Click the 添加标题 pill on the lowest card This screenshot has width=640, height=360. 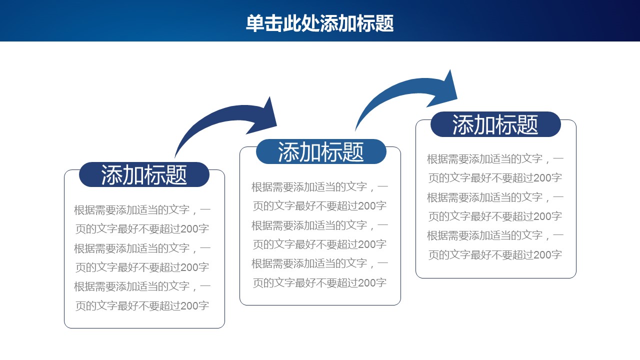click(x=144, y=174)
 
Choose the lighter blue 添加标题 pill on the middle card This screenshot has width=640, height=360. click(x=321, y=151)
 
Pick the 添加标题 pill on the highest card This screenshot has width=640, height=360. click(x=495, y=124)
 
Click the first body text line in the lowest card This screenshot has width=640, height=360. click(x=142, y=210)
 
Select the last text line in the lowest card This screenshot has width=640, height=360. click(x=142, y=305)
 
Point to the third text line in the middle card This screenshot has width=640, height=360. click(x=320, y=225)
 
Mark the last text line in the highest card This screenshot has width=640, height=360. click(x=495, y=254)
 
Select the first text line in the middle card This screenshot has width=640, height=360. click(x=320, y=187)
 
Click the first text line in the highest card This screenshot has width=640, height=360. click(x=495, y=159)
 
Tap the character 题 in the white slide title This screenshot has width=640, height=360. click(x=385, y=23)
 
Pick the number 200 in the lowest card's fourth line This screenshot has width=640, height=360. click(x=189, y=267)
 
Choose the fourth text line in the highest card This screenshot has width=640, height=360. click(x=495, y=216)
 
